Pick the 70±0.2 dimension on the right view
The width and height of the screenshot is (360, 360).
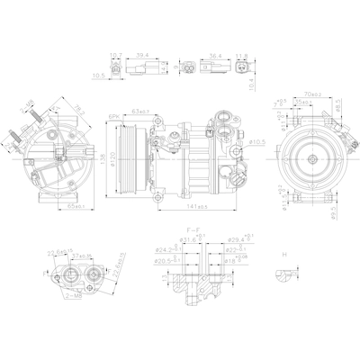click(x=314, y=93)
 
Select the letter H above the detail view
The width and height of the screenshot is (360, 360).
click(x=283, y=256)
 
